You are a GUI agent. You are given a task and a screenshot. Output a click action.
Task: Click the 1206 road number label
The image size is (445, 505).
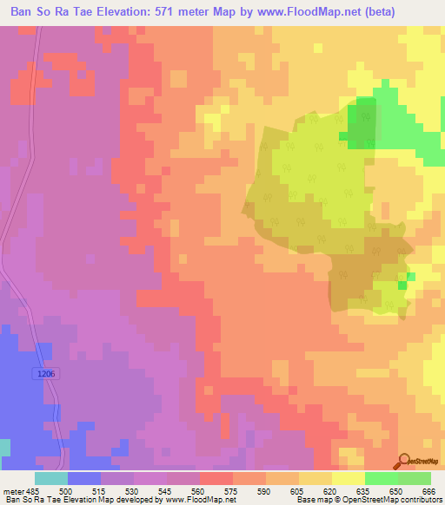49,374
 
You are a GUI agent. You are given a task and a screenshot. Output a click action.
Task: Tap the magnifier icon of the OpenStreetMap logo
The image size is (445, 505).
403,462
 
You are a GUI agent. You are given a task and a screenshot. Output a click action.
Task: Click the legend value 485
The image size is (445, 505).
32,490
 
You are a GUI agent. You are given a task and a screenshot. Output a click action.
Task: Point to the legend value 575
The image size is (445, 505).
230,490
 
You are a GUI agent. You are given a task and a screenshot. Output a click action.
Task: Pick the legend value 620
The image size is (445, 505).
329,490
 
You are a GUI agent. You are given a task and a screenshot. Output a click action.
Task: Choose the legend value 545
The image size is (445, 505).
164,490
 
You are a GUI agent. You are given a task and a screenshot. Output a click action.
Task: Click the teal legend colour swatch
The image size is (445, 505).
50,478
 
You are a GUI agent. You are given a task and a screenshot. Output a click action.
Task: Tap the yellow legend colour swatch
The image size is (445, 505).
348,478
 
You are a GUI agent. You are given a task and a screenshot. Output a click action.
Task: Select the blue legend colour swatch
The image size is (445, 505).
83,478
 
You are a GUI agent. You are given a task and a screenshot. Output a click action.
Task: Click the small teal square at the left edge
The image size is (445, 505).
5,447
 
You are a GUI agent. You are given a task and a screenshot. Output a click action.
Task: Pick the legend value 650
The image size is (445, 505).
395,490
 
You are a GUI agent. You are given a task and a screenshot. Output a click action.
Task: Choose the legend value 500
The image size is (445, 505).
65,490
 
